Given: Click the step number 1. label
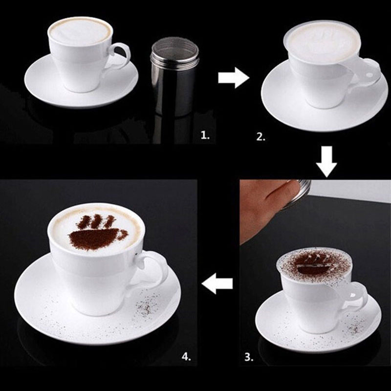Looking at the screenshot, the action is pyautogui.click(x=205, y=136).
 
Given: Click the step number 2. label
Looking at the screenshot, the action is pyautogui.click(x=261, y=137).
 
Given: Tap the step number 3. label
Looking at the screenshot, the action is pyautogui.click(x=249, y=357).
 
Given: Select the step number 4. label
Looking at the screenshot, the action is pyautogui.click(x=186, y=357).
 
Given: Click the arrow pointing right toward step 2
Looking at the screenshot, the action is pyautogui.click(x=234, y=78).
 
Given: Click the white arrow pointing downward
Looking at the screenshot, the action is pyautogui.click(x=326, y=162).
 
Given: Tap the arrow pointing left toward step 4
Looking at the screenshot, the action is pyautogui.click(x=217, y=283).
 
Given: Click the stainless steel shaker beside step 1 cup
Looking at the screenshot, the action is pyautogui.click(x=174, y=79).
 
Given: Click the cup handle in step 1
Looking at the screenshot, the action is pyautogui.click(x=120, y=56).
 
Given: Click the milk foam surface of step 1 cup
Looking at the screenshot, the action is pyautogui.click(x=80, y=32).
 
